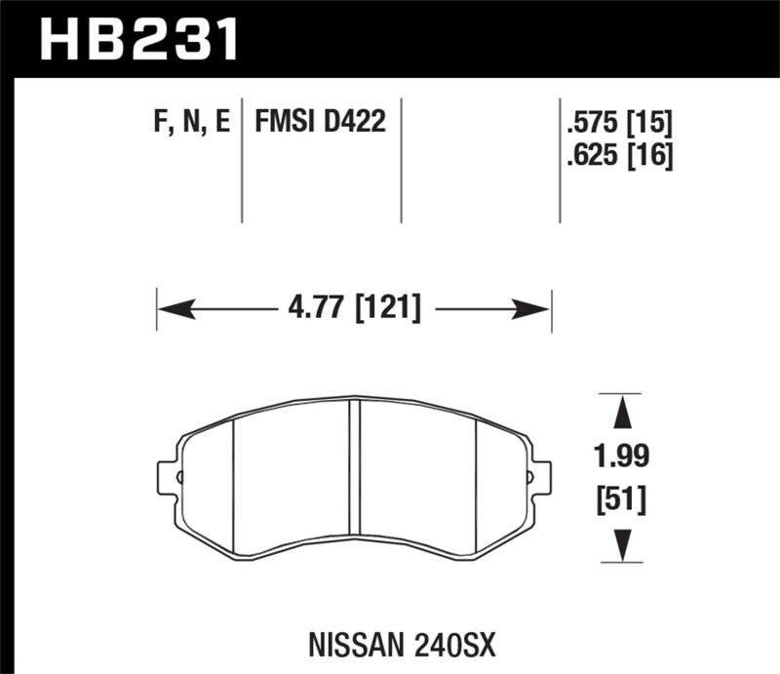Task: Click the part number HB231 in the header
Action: tap(137, 40)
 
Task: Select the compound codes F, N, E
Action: tap(191, 123)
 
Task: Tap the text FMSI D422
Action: tap(321, 123)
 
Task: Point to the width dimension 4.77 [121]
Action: tap(355, 309)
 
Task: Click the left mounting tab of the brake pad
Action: tap(168, 477)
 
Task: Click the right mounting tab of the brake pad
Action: tap(539, 477)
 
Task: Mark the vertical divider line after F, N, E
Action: tap(242, 161)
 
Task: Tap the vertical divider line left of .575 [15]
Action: tap(560, 161)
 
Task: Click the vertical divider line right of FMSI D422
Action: tap(402, 161)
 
